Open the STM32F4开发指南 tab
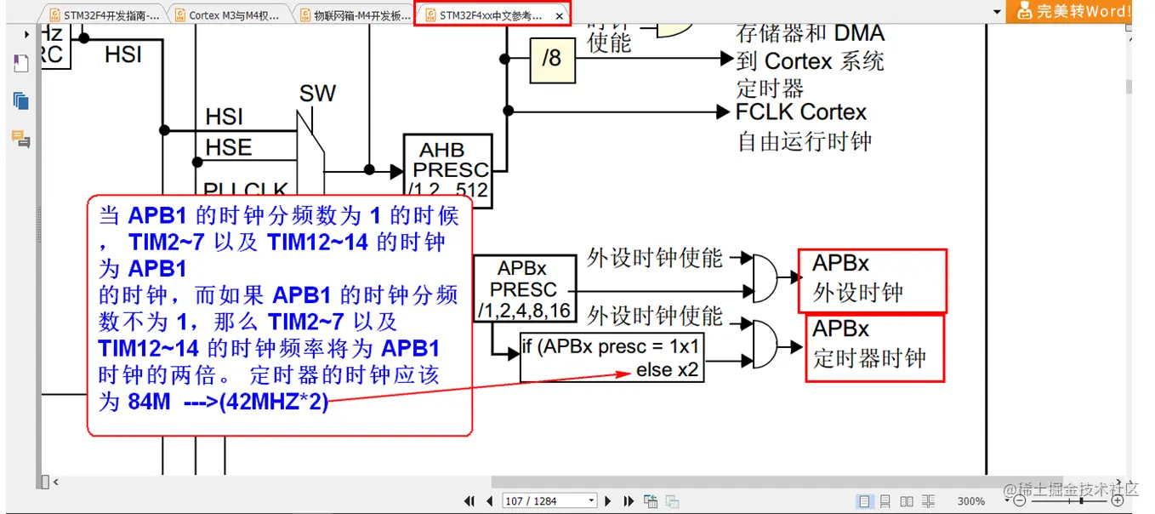click(x=106, y=15)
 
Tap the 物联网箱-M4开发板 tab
click(x=357, y=15)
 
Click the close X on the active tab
click(x=559, y=16)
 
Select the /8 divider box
click(x=551, y=59)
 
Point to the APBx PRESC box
click(x=524, y=288)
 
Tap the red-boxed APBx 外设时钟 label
click(x=871, y=280)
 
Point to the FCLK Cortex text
click(x=800, y=112)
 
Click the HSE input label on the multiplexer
click(x=228, y=147)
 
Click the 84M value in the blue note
click(x=149, y=402)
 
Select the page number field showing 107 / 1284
click(x=548, y=501)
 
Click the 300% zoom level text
click(x=971, y=501)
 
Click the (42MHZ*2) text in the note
click(x=273, y=402)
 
